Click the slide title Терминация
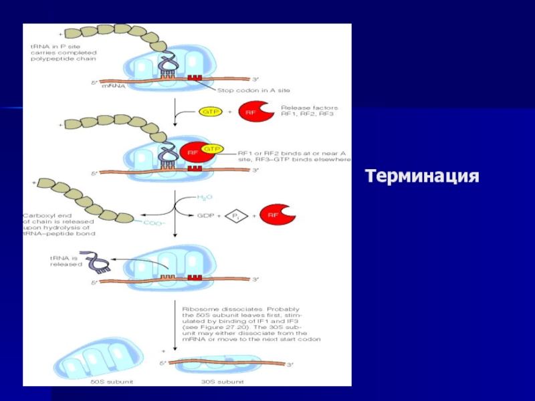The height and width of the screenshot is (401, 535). tap(422, 177)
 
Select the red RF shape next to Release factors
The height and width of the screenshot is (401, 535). tap(254, 112)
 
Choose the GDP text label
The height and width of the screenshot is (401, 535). tap(205, 215)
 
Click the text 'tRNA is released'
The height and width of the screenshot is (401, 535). tap(64, 261)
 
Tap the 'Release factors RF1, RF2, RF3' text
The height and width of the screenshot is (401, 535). tap(309, 111)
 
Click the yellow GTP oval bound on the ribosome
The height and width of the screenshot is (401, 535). tap(211, 148)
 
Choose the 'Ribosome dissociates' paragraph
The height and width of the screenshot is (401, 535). tap(251, 324)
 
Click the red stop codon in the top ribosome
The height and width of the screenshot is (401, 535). tap(195, 79)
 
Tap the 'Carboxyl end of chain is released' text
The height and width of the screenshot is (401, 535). tap(59, 225)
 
